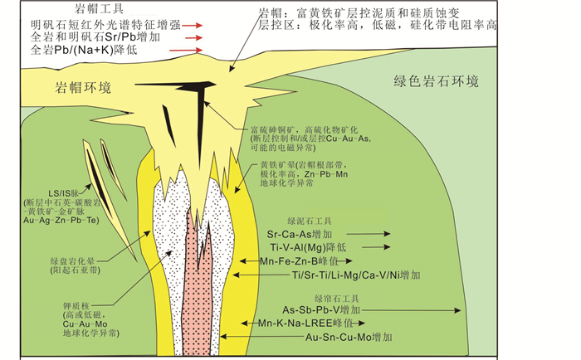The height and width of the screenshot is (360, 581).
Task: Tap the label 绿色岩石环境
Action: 437,81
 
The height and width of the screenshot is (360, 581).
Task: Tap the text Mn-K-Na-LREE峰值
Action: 307,323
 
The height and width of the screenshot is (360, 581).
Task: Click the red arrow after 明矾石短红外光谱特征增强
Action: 193,26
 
